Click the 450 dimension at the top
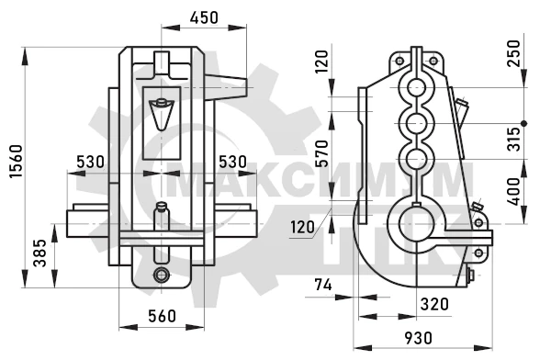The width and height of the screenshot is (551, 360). (x=204, y=17)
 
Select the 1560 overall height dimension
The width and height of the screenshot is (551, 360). (x=16, y=161)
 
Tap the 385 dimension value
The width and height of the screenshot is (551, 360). (x=39, y=253)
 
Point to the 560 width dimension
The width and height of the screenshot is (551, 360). (x=162, y=316)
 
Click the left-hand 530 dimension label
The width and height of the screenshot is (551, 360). (x=90, y=162)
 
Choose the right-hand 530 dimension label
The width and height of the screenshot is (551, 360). (x=232, y=162)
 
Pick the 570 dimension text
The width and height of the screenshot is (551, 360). (x=321, y=153)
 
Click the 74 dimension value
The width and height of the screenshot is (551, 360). (x=323, y=285)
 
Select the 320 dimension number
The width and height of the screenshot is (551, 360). (x=434, y=304)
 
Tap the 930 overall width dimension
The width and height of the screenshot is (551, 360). (x=418, y=338)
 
